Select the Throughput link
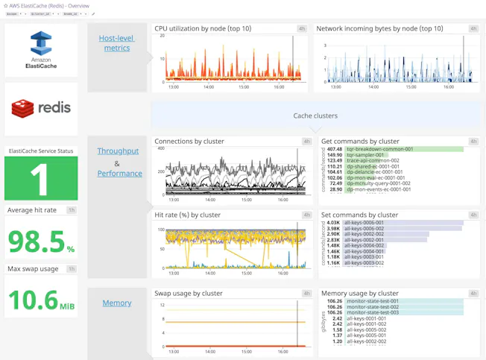(x=118, y=151)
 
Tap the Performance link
(x=119, y=174)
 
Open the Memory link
(x=117, y=303)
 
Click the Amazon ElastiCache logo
(x=41, y=49)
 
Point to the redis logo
(x=41, y=107)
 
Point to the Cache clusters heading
(x=315, y=116)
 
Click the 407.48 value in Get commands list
(x=334, y=149)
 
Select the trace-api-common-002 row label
(x=373, y=160)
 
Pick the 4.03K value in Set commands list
(x=333, y=223)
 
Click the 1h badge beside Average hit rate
(x=72, y=210)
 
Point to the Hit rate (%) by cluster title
(x=187, y=215)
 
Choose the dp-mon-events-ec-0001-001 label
(x=379, y=189)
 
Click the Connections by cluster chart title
(x=189, y=141)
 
